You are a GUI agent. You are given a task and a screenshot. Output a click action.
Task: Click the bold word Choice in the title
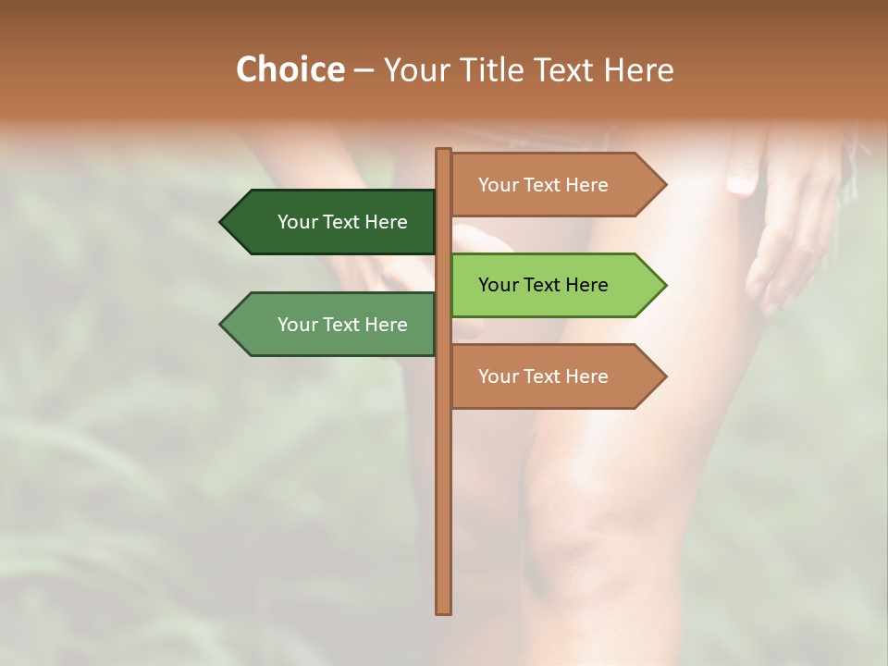[290, 69]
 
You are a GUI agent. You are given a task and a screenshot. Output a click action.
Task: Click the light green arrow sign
[555, 285]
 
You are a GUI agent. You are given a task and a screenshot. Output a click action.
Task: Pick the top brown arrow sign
[555, 185]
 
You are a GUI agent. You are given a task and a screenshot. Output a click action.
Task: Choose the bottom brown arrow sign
[555, 376]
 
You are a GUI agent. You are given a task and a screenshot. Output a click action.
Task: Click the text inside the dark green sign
[342, 222]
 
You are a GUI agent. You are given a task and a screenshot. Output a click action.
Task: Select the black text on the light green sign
[543, 285]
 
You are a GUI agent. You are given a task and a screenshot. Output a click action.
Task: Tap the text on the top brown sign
[543, 185]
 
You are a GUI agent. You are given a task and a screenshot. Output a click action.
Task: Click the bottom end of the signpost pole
[444, 610]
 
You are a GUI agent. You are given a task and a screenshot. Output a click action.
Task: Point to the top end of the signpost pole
[444, 152]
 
